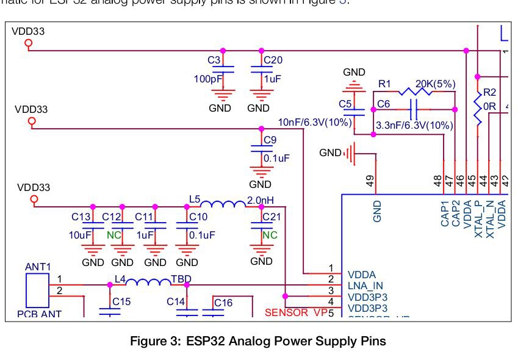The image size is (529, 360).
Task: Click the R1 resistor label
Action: pos(384,83)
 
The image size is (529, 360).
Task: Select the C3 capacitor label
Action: pos(214,60)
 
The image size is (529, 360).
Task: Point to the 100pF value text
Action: pos(207,79)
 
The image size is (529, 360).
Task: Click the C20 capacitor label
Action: pos(273,60)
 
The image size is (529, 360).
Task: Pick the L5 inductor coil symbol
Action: pos(223,204)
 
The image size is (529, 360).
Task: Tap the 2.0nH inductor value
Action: pos(261,200)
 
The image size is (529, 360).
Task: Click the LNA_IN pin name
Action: pos(365,286)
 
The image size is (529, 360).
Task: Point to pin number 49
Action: pos(371,180)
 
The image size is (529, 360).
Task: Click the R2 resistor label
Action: pos(490,92)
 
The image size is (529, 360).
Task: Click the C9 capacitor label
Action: pos(270,139)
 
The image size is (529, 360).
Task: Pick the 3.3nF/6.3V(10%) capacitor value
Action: pos(414,125)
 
